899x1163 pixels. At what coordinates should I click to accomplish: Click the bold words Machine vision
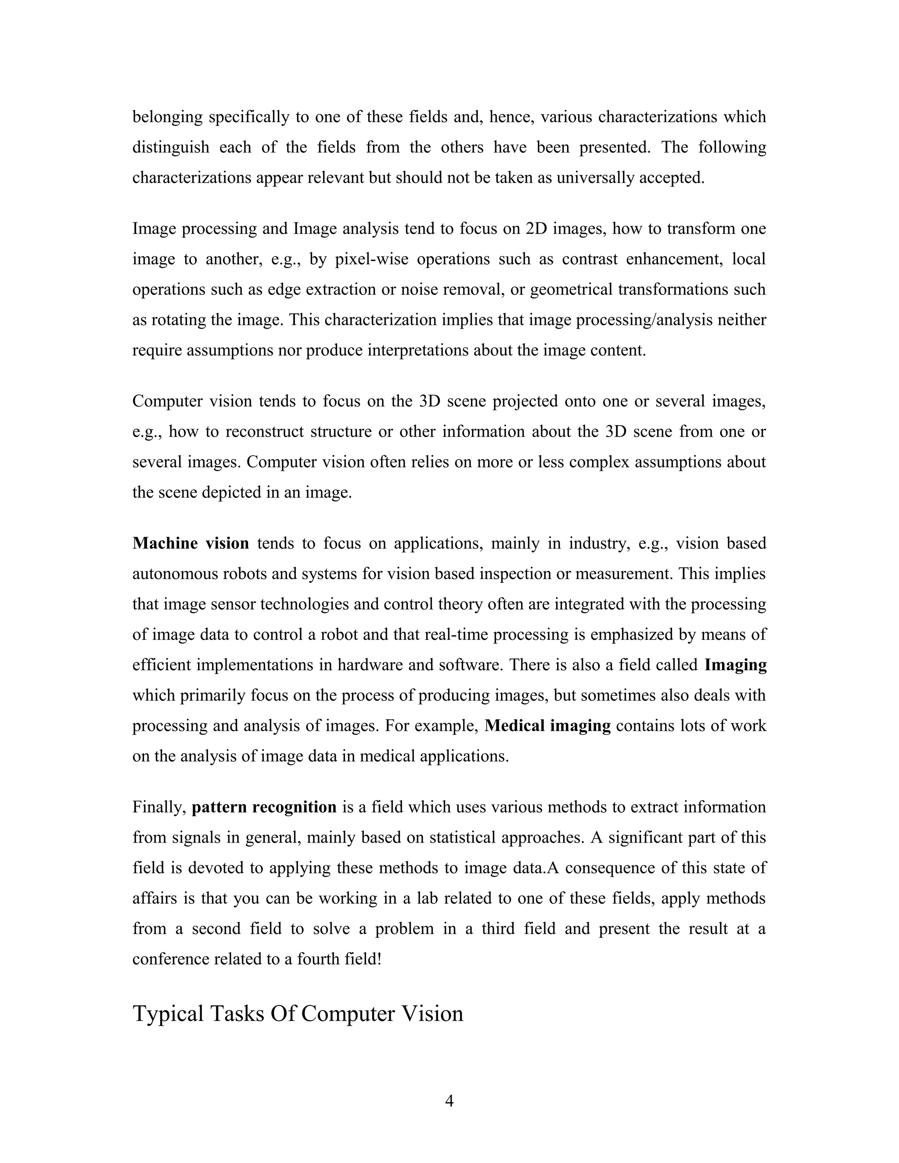point(191,543)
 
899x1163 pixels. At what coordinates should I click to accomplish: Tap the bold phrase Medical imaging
point(547,725)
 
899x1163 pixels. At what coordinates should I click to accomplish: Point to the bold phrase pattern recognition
point(264,807)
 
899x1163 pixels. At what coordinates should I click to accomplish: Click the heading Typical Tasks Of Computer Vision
point(298,1013)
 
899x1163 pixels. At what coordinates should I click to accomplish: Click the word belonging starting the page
point(167,117)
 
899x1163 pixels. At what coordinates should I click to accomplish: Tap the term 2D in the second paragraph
point(536,229)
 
